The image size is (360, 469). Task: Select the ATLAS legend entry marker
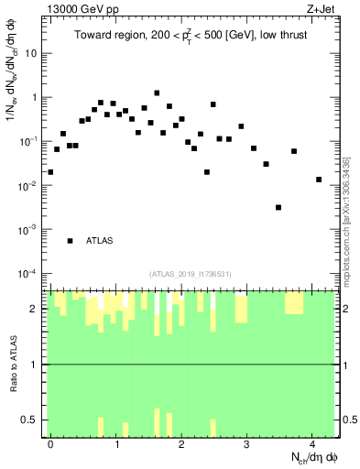tap(71, 241)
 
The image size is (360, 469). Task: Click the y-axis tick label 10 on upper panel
tap(34, 53)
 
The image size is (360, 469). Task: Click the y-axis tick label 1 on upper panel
tap(37, 97)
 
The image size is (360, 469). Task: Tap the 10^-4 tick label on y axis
tap(31, 274)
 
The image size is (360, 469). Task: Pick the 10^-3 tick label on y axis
tap(31, 230)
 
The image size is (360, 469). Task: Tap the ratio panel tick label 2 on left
tap(37, 309)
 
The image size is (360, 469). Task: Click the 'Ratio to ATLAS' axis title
tap(12, 365)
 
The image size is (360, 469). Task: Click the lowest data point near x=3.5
tap(278, 207)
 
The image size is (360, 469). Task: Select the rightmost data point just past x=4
tap(319, 180)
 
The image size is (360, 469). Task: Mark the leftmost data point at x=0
tap(50, 171)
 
